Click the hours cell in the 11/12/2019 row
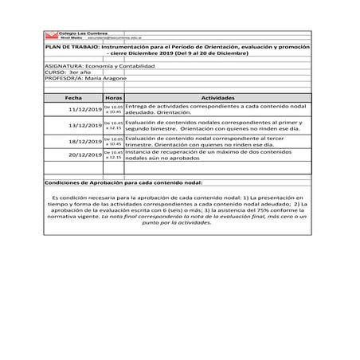[x=113, y=109]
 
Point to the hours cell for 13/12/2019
[x=113, y=125]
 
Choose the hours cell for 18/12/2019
[x=113, y=140]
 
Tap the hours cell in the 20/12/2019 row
[x=113, y=155]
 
